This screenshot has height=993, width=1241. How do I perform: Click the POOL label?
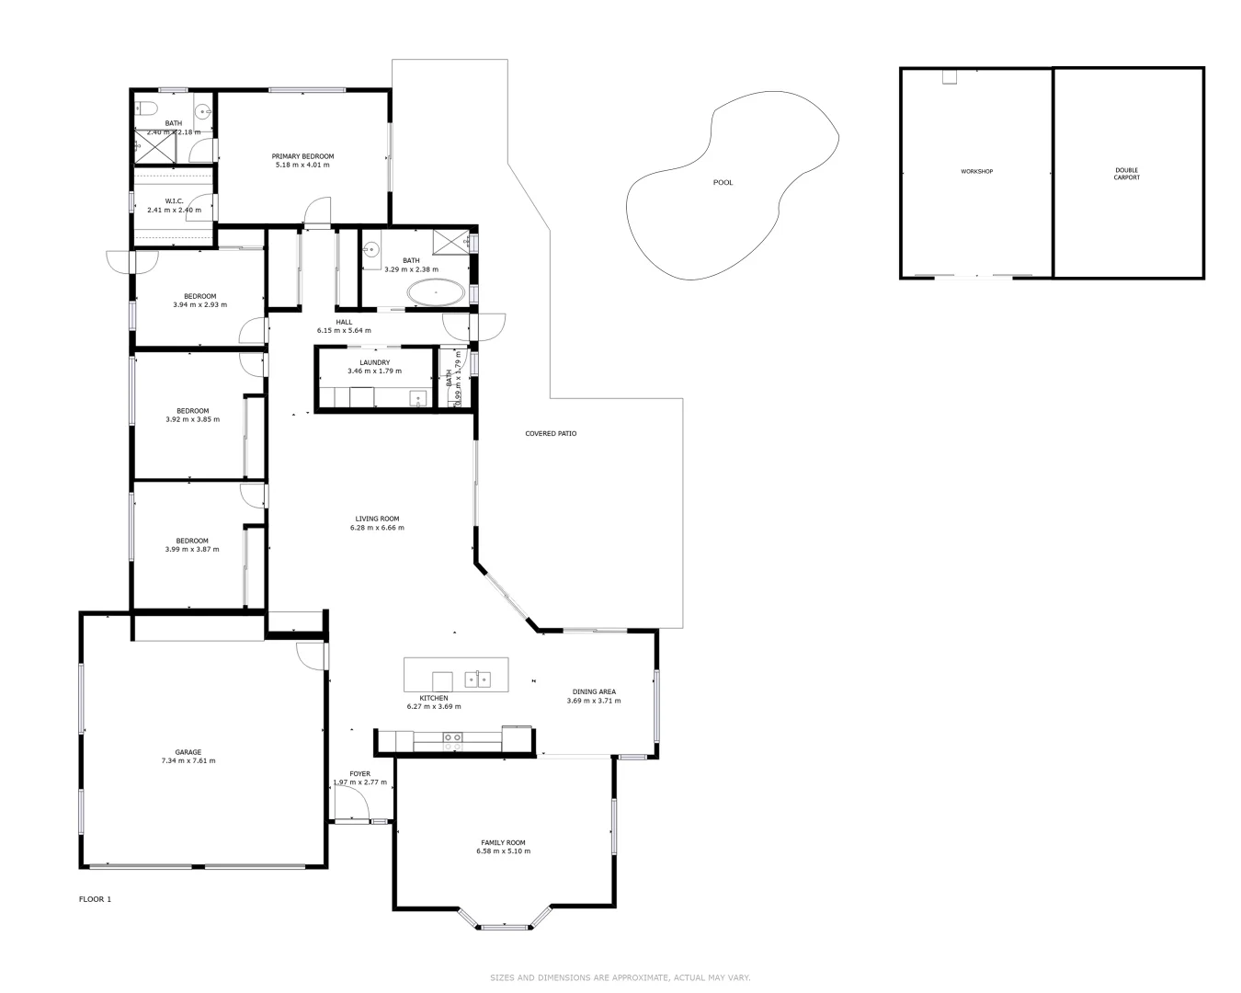click(723, 182)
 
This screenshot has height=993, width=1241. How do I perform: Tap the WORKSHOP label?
click(976, 171)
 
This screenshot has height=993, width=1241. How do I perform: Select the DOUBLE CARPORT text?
click(1126, 174)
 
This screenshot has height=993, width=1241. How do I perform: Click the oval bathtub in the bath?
click(436, 293)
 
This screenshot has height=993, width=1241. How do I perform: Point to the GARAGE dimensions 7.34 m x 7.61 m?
click(188, 761)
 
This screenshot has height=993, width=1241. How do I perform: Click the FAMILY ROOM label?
click(503, 842)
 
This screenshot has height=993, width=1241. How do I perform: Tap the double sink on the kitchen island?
click(477, 679)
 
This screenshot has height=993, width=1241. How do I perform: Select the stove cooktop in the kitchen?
click(452, 736)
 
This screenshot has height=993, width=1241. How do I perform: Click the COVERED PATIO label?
click(551, 433)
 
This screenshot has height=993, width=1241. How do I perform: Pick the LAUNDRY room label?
click(374, 362)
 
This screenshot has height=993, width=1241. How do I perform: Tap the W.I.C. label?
click(175, 200)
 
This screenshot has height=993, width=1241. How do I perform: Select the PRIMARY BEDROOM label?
click(302, 156)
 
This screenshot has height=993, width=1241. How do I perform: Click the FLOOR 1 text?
click(95, 899)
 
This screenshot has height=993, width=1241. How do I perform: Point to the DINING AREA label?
click(594, 691)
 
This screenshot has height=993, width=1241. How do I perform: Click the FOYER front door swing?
click(352, 808)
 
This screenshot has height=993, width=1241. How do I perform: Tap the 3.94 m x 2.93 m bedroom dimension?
click(199, 305)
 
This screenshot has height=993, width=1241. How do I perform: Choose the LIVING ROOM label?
click(377, 519)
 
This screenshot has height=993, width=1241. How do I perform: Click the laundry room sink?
click(418, 400)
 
